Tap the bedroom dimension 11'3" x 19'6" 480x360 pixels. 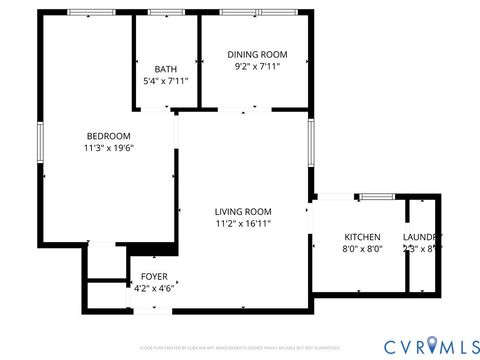pos(109,148)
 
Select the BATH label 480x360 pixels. pos(166,68)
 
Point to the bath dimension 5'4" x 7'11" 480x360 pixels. pos(166,80)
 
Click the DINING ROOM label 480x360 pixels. pos(258,54)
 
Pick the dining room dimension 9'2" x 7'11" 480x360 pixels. pos(258,66)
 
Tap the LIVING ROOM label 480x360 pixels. pos(244,211)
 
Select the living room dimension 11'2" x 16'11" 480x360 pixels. pos(244,224)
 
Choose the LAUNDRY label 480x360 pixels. pos(423,237)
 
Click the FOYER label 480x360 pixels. pos(154,275)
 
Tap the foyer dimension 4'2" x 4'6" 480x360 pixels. pos(155,287)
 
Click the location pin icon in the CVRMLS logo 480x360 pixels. pos(432,345)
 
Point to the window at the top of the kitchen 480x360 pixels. pos(375,196)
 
